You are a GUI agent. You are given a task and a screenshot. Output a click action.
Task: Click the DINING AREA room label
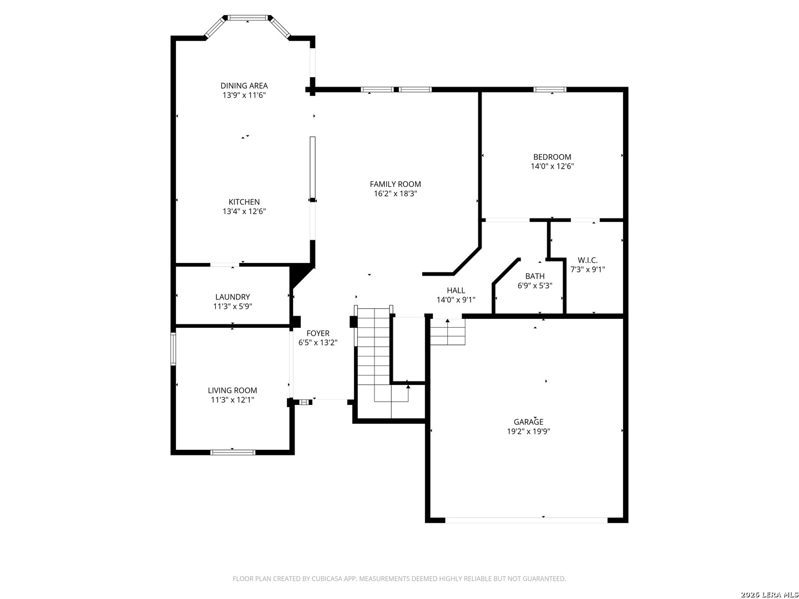pos(244,86)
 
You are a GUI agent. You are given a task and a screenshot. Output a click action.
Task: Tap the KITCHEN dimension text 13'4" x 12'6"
pos(244,211)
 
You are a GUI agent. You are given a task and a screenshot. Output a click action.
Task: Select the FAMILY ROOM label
pos(395,184)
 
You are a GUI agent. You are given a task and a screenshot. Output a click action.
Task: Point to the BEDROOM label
pos(552,157)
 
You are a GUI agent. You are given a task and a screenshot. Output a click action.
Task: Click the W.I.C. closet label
pos(588,261)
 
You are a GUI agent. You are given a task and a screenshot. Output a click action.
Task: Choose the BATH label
pos(535,276)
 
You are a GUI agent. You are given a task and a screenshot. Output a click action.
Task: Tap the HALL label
pos(456,291)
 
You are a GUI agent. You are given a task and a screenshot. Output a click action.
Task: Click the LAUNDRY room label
pos(232,297)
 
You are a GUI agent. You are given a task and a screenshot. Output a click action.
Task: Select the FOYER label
pos(318,333)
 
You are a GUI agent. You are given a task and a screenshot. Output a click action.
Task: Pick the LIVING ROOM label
pos(232,390)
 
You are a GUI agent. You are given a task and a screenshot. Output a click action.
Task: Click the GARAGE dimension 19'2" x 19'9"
pos(528,432)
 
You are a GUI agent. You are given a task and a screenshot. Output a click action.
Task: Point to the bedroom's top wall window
pos(550,89)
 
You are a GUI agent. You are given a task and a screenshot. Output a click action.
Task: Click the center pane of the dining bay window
pos(248,17)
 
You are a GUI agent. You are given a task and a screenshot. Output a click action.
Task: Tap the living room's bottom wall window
pos(232,453)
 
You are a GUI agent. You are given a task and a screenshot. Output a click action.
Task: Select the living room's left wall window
pos(173,349)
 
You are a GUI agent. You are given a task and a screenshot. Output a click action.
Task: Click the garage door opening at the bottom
pos(527,520)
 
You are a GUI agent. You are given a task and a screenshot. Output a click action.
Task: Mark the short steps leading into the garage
pos(448,332)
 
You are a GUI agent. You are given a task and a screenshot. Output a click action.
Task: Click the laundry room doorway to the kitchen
pos(225,265)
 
